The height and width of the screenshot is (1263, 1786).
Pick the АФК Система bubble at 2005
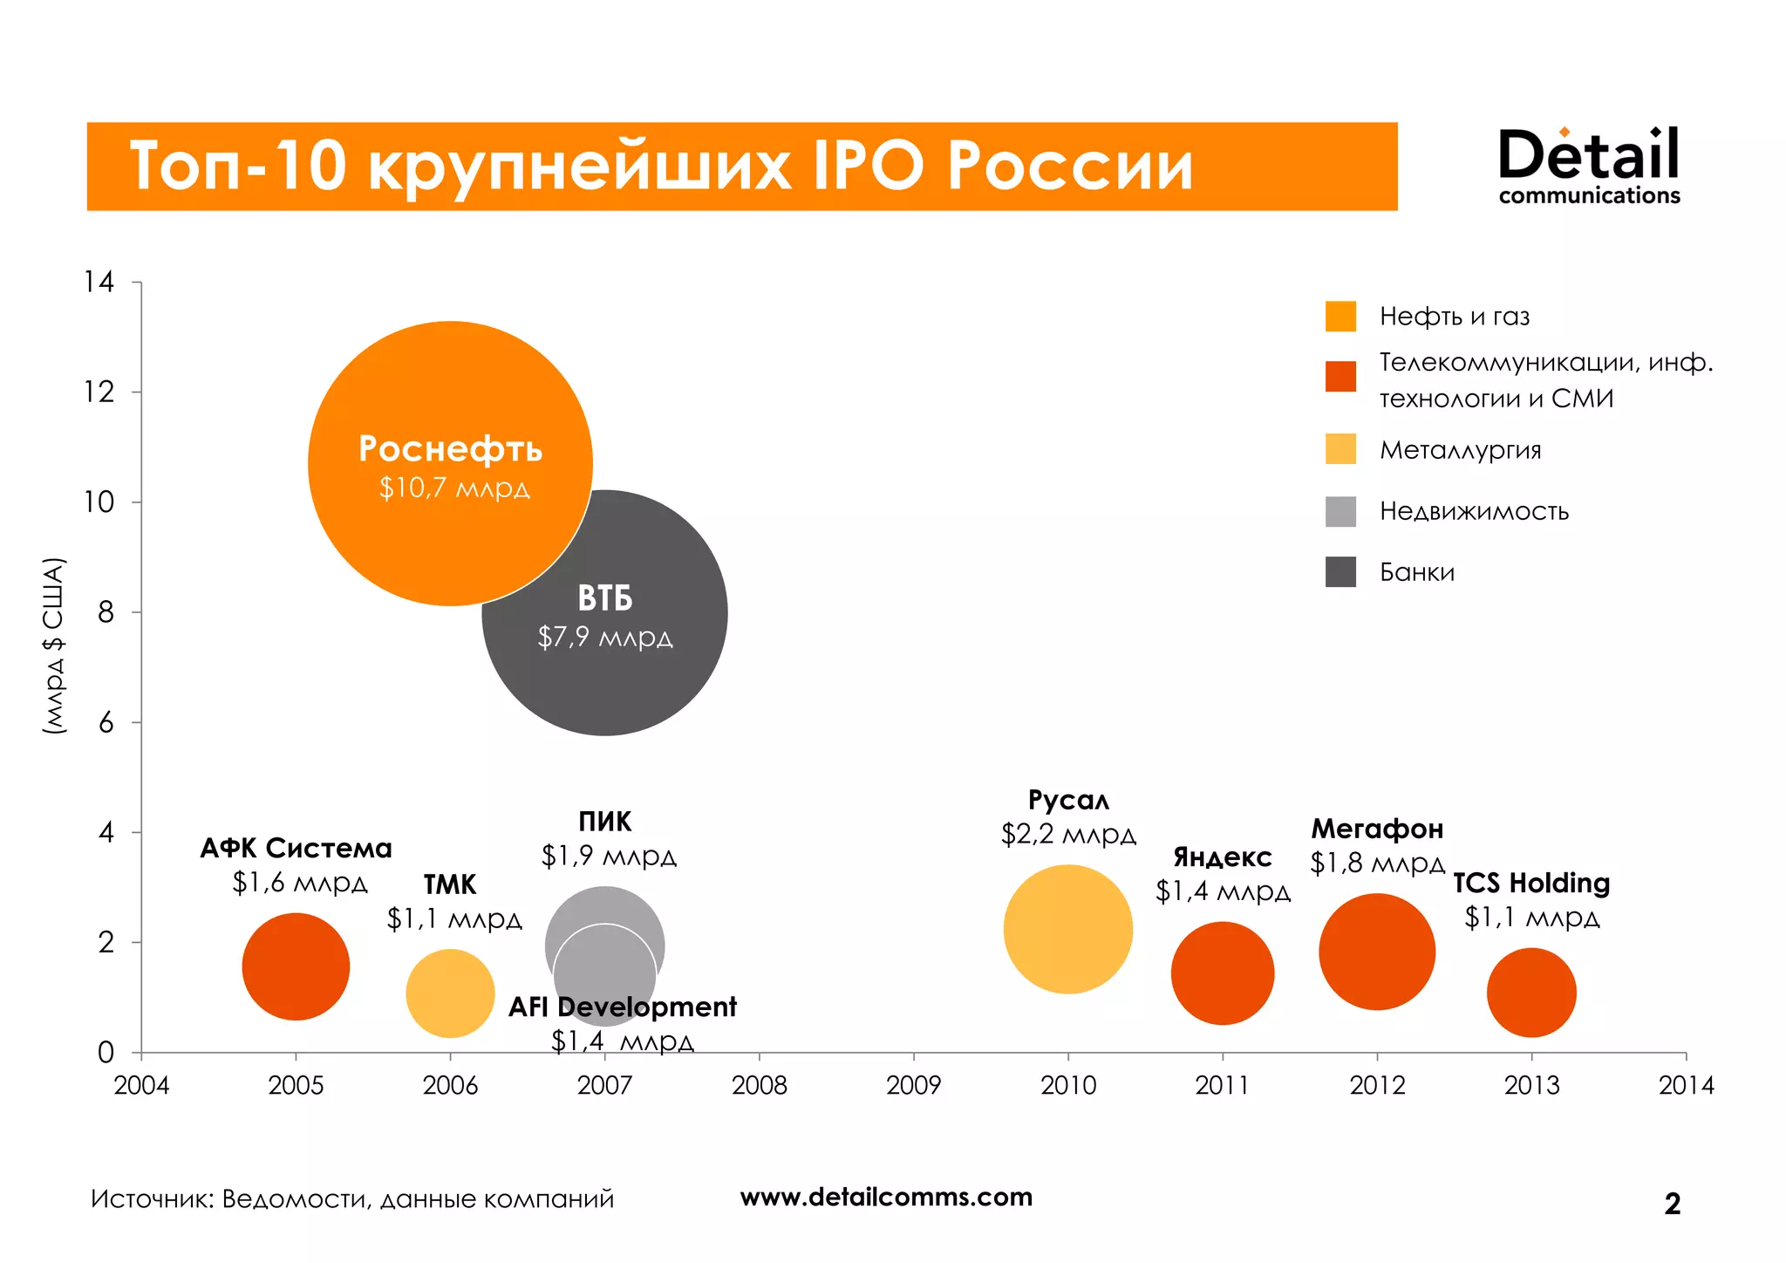point(296,966)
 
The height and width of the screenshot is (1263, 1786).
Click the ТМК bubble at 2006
point(450,993)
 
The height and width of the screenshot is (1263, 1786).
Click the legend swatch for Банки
point(1340,572)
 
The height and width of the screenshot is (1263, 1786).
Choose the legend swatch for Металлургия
point(1340,449)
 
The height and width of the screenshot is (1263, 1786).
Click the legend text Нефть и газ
point(1454,317)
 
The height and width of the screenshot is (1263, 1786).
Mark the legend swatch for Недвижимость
point(1340,511)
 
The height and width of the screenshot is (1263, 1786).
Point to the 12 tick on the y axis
point(99,393)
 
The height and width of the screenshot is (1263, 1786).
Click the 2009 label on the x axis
point(913,1086)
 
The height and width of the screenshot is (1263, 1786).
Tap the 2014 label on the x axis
point(1685,1086)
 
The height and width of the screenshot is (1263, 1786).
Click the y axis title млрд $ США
point(54,645)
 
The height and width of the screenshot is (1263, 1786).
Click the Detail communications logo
point(1588,166)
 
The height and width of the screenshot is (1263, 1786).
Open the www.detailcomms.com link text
point(886,1198)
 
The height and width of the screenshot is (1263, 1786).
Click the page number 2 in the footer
point(1672,1204)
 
